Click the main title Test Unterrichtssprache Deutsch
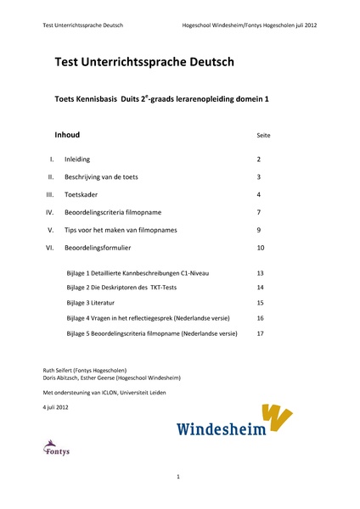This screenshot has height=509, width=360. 143,63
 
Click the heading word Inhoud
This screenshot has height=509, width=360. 68,135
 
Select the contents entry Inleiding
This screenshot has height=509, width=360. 77,159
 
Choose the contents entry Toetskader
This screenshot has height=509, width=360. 81,194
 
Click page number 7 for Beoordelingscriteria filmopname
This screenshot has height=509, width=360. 259,212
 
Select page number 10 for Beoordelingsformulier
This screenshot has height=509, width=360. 261,248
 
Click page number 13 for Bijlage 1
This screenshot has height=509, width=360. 261,273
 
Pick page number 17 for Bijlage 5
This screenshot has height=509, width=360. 261,333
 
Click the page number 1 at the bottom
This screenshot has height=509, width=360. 179,478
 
